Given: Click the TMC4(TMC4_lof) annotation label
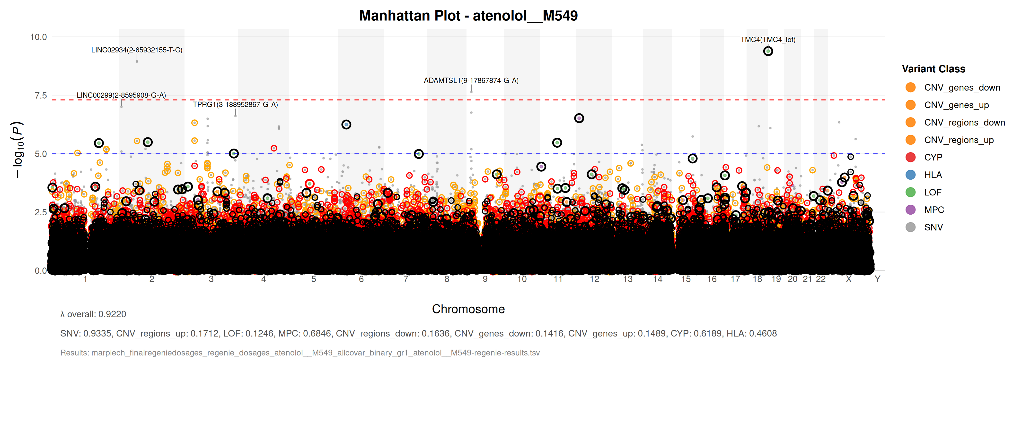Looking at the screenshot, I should click(768, 40).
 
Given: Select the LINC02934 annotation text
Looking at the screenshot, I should click(137, 50).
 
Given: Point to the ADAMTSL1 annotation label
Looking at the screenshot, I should click(471, 80).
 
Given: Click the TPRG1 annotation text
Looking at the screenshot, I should click(235, 104).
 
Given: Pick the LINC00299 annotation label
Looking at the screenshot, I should click(121, 95).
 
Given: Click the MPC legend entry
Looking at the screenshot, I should click(934, 210).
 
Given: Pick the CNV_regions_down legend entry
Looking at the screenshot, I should click(964, 123).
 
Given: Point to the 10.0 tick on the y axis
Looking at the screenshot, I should click(38, 37).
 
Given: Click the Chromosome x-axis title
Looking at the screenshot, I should click(468, 309).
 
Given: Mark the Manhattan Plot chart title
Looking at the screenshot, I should click(468, 16).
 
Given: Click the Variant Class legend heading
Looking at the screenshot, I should click(933, 69).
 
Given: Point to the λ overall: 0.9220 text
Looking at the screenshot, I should click(93, 314).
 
